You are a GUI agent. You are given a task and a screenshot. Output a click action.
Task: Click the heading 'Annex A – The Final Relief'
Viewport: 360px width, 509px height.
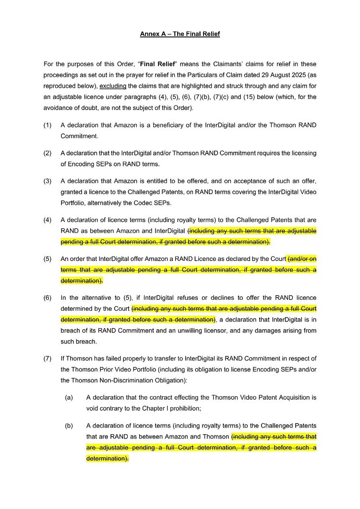pos(180,34)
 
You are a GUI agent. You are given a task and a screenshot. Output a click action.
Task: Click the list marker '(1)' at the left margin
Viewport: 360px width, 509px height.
pos(47,125)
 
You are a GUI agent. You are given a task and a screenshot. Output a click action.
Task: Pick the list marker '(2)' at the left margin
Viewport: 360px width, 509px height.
pos(47,153)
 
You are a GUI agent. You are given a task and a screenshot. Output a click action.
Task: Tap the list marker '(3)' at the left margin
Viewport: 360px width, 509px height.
pos(47,181)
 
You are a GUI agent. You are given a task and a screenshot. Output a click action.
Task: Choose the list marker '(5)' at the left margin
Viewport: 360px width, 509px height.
pos(47,259)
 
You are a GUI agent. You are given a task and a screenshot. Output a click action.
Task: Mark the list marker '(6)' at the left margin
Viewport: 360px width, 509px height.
pos(47,297)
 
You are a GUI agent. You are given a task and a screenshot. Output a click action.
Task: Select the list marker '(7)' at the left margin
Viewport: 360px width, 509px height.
pos(47,358)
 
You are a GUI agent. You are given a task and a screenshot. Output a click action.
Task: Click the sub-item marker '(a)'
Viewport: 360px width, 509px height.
pos(69,398)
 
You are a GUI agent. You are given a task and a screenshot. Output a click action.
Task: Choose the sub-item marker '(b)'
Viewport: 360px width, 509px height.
pos(69,426)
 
